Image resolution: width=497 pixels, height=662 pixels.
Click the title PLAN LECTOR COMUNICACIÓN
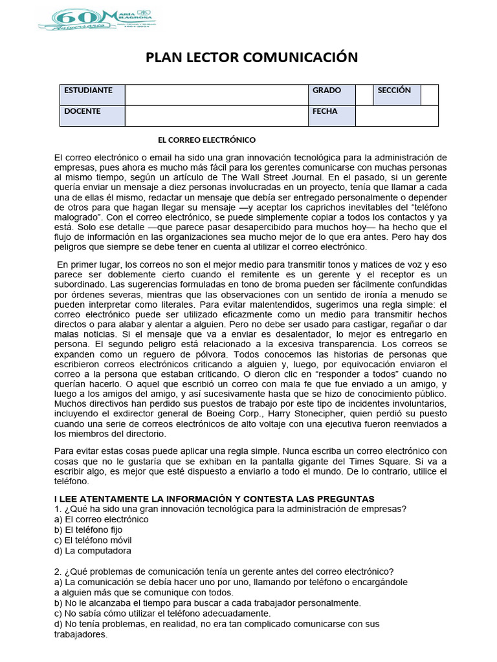252,58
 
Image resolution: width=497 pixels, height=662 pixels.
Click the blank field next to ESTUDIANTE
216,94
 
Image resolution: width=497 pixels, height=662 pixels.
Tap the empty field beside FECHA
396,116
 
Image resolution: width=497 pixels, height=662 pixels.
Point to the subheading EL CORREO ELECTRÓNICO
207,140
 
